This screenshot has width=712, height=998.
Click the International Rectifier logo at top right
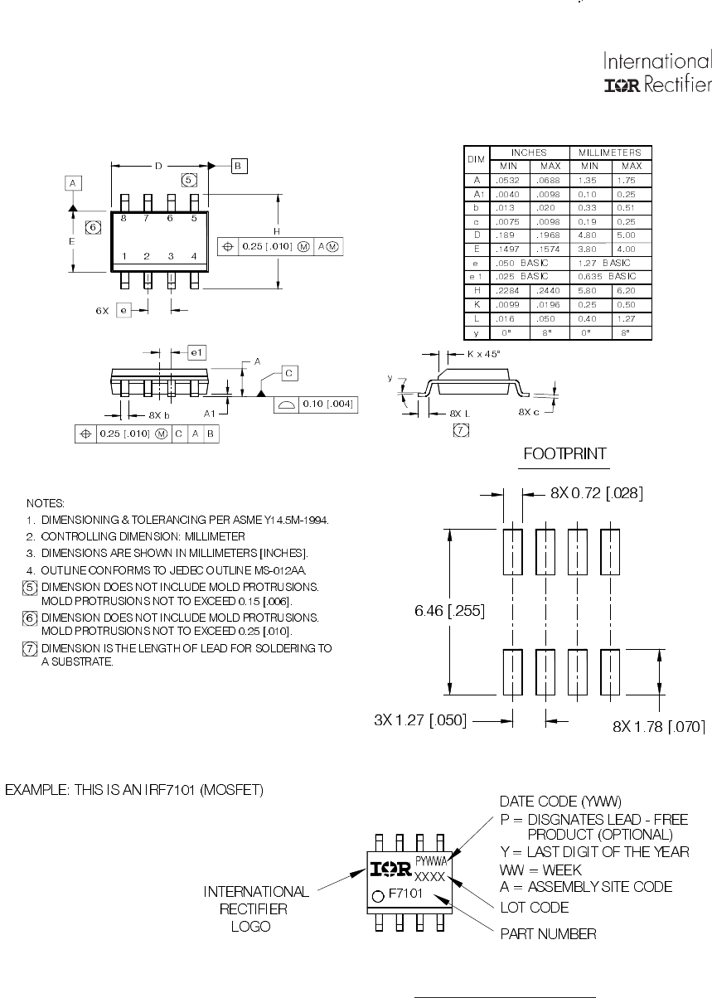click(x=656, y=74)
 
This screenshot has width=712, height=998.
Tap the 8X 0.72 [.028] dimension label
click(x=597, y=493)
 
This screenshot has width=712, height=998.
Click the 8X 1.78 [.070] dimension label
click(x=659, y=727)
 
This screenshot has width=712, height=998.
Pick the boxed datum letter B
click(x=238, y=166)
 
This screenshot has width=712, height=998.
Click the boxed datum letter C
click(x=289, y=374)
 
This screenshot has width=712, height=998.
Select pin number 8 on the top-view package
click(x=124, y=218)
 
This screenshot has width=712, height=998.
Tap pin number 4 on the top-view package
click(x=193, y=256)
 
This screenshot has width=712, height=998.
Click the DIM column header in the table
click(x=477, y=159)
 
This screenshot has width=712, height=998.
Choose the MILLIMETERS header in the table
click(x=611, y=153)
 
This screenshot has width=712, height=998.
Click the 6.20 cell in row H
click(x=631, y=290)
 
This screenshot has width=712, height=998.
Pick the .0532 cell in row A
click(x=508, y=179)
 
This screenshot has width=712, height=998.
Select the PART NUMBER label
click(x=548, y=934)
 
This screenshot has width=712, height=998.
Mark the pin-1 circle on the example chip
click(x=379, y=895)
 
